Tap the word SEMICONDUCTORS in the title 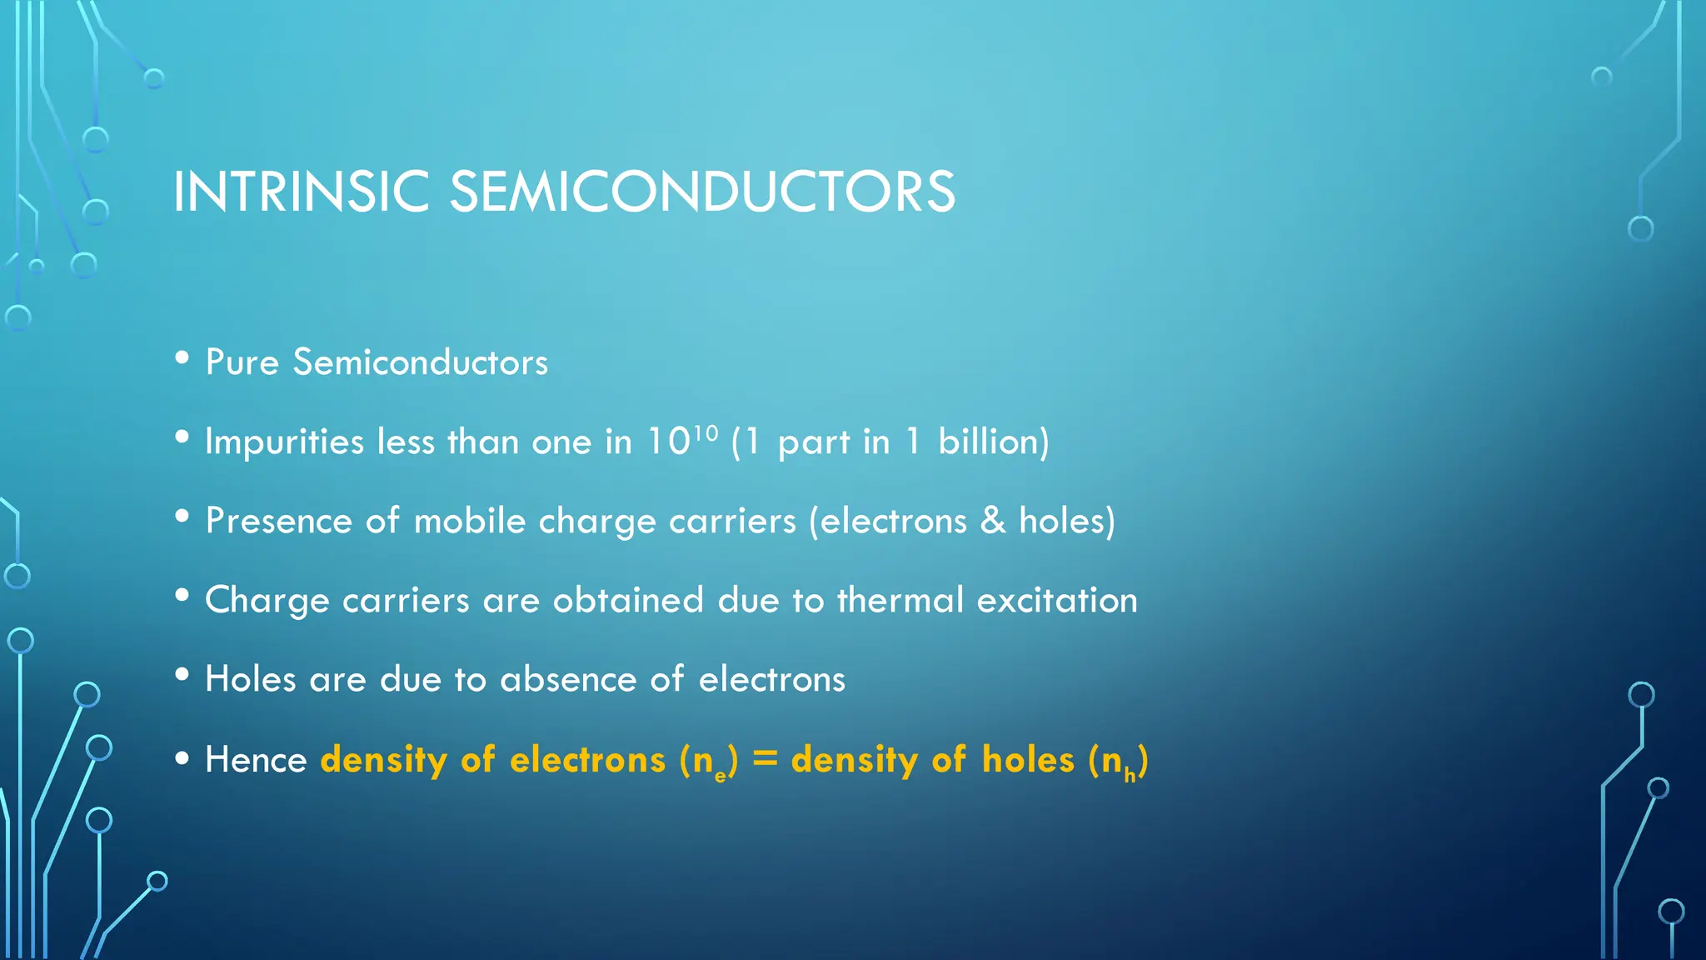click(x=702, y=192)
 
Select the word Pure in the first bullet click(x=242, y=362)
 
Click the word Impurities click(x=284, y=442)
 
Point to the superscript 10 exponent click(x=706, y=432)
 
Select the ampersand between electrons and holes click(x=993, y=521)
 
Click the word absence click(x=568, y=679)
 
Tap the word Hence click(x=256, y=760)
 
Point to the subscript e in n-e click(x=721, y=777)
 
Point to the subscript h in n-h click(x=1130, y=777)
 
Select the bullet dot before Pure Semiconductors click(x=182, y=358)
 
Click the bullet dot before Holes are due click(x=182, y=675)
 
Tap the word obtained click(x=628, y=600)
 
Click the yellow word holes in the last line click(x=1028, y=760)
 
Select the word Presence click(x=279, y=521)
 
